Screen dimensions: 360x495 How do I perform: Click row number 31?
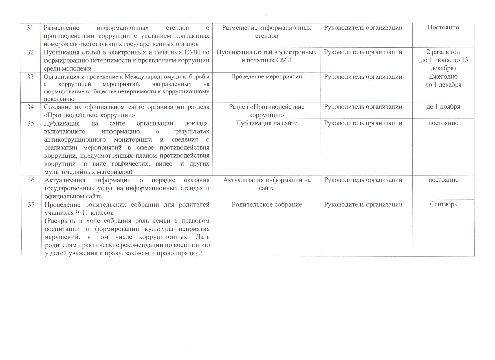click(30, 28)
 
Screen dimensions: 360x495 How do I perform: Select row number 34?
click(30, 107)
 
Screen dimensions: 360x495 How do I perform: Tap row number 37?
click(31, 205)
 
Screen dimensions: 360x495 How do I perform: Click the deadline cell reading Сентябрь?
click(443, 205)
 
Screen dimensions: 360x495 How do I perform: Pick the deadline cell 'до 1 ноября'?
click(443, 107)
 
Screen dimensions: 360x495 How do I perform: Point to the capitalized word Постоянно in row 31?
click(443, 28)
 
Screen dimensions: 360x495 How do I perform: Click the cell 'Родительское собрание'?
click(267, 205)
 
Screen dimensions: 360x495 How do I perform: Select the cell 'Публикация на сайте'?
click(267, 123)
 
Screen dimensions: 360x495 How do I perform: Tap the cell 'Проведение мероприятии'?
click(267, 77)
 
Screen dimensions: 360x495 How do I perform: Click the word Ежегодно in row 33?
click(443, 77)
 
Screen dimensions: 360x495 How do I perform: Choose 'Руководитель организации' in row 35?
click(363, 123)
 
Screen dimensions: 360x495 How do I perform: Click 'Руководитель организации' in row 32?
click(363, 52)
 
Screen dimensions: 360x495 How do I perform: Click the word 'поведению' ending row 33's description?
click(59, 99)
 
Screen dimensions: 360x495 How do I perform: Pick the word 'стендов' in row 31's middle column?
click(267, 36)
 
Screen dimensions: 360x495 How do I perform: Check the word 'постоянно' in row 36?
click(443, 180)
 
